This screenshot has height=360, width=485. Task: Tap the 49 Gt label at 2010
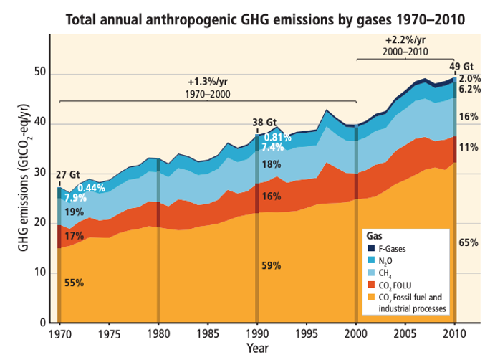click(x=461, y=67)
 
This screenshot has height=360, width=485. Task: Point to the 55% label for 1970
click(x=75, y=283)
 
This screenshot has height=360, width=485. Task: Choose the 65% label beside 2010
click(x=469, y=243)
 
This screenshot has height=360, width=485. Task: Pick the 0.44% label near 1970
click(x=91, y=189)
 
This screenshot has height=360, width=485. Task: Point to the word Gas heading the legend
click(x=373, y=236)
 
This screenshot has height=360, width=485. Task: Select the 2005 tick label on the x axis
click(x=405, y=333)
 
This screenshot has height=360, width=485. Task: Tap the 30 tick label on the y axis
click(x=40, y=174)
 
